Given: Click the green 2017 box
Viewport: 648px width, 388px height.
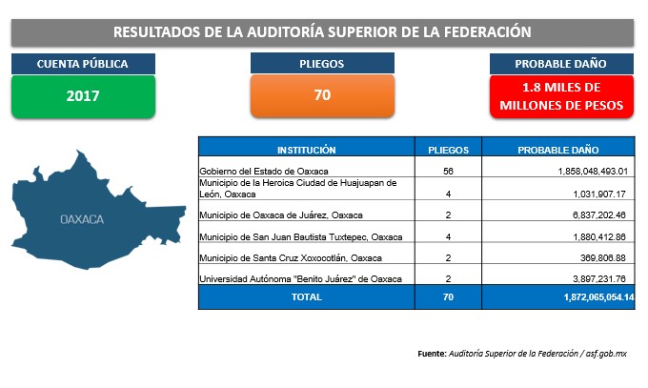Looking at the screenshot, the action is [x=83, y=96].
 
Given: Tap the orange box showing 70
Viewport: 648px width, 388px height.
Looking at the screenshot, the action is [x=322, y=95].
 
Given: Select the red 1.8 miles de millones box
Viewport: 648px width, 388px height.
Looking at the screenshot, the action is [x=561, y=96].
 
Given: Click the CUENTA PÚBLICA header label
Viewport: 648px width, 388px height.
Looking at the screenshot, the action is [x=83, y=64].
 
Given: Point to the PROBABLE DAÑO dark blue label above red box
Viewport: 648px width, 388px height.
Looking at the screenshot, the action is [x=561, y=64].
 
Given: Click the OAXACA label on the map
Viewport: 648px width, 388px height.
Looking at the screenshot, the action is [x=82, y=219].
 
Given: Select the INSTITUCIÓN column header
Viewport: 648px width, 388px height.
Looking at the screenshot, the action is [x=306, y=150].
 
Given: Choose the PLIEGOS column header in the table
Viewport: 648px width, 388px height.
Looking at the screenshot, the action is [x=449, y=150].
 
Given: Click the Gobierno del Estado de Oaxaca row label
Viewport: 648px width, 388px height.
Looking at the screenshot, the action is [x=264, y=172].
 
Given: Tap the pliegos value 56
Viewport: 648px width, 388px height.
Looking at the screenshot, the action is [x=449, y=172].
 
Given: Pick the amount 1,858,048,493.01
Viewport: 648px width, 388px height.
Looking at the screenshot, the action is [x=593, y=172].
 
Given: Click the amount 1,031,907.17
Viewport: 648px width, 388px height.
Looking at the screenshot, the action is [x=599, y=194].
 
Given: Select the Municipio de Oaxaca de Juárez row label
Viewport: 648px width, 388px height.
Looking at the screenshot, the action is [x=281, y=215].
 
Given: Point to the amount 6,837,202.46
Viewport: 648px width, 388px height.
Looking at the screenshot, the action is [x=599, y=215].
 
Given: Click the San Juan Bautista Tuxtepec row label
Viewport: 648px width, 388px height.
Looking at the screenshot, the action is [x=301, y=237].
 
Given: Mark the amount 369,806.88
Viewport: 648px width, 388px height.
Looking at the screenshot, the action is [x=603, y=258].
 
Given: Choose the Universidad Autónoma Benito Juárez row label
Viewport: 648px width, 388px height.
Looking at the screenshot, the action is [x=300, y=279].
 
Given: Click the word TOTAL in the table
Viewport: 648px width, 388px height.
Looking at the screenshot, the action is [x=306, y=297].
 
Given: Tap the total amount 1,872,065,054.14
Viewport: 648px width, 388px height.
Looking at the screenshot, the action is [x=598, y=297].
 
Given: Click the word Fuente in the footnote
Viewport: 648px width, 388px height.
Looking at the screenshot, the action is [x=432, y=354].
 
